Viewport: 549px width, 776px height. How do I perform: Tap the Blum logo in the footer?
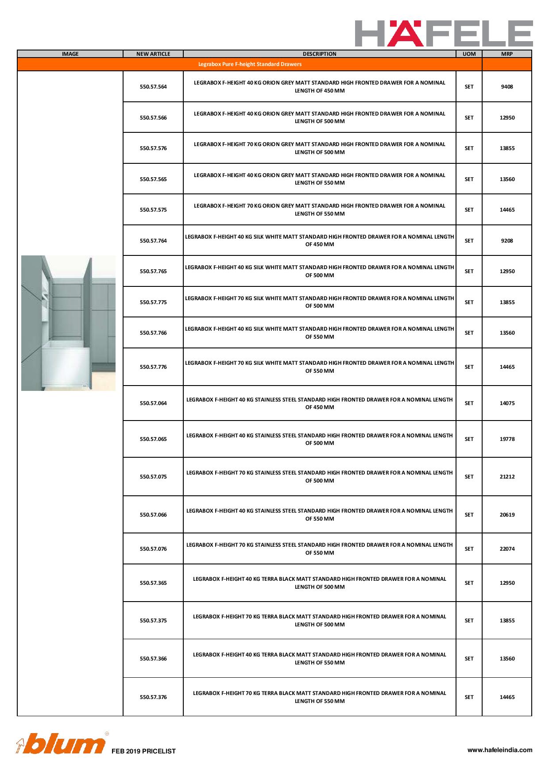[61, 745]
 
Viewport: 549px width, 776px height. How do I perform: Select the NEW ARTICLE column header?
[153, 54]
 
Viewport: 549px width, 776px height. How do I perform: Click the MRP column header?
[507, 54]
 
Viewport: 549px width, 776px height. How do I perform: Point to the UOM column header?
[469, 54]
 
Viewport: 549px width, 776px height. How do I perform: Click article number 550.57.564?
[153, 87]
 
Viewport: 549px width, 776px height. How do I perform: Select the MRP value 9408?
[507, 87]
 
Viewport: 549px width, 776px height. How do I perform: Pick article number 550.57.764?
[153, 241]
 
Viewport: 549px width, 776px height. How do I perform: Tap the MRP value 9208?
[507, 241]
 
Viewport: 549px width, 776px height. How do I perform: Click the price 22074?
[507, 549]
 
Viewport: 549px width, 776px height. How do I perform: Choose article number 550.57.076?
[153, 549]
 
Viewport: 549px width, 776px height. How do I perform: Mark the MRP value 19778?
[507, 439]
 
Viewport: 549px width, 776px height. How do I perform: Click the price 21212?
[507, 477]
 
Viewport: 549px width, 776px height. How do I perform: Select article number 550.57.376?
[153, 697]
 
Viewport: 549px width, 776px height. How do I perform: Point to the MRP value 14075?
[507, 403]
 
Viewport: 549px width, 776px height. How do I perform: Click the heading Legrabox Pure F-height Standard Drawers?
[250, 64]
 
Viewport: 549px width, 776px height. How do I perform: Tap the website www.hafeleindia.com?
[500, 750]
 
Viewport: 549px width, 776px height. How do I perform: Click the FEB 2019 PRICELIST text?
[143, 751]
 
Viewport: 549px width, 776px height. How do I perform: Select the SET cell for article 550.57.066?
[469, 515]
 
